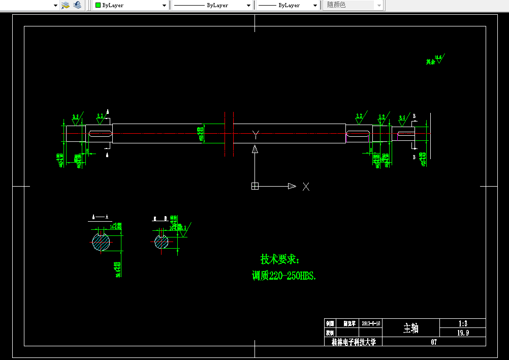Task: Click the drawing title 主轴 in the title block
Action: coord(410,328)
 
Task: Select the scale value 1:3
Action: coord(462,323)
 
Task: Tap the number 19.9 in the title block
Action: coord(462,333)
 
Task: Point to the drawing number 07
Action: coord(434,342)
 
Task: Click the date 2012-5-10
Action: coord(371,323)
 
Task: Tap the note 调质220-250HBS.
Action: coord(284,276)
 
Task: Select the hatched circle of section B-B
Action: coord(162,242)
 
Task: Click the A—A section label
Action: coord(100,217)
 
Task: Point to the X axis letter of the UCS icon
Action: coord(306,187)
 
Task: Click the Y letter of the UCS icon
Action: coord(256,134)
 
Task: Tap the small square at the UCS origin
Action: coord(255,186)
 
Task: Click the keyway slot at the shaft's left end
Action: coord(101,134)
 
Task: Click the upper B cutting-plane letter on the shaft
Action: coord(414,116)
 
